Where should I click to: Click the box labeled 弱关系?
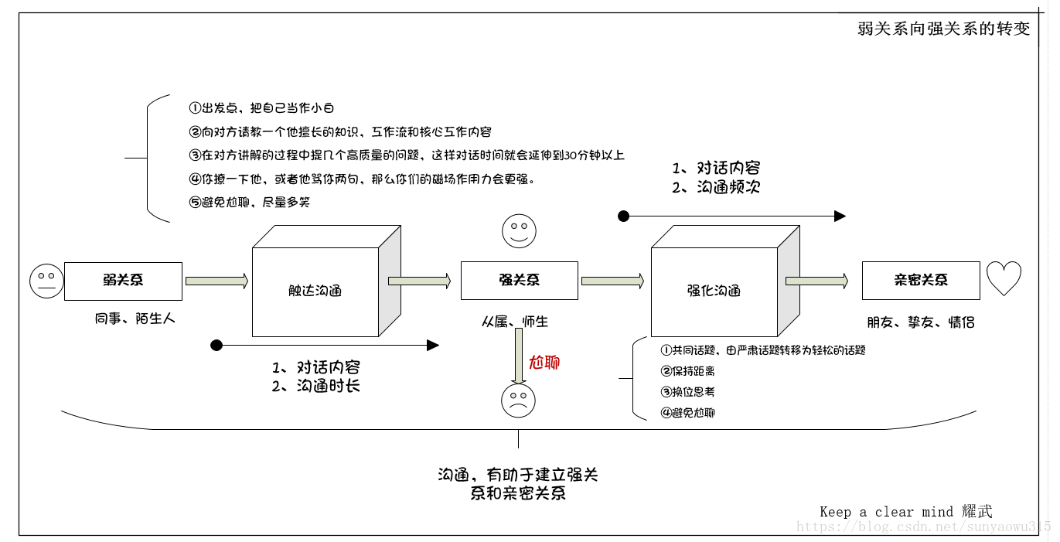click(123, 281)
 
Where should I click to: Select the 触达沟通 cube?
click(315, 291)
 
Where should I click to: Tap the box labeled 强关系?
click(519, 280)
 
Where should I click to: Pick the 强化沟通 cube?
click(714, 291)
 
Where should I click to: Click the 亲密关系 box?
click(920, 280)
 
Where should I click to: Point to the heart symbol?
click(1004, 278)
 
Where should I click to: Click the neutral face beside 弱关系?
click(46, 281)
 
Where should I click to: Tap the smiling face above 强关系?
click(519, 230)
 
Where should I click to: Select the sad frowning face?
click(518, 401)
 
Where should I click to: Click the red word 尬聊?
click(544, 363)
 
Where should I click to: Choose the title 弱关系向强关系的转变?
click(944, 29)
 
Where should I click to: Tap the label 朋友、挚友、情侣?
click(920, 322)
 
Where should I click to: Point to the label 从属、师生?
click(515, 322)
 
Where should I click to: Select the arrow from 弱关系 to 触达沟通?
click(216, 281)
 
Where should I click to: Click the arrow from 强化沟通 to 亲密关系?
click(816, 280)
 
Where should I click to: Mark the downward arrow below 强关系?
click(519, 356)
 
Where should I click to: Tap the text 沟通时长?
click(328, 386)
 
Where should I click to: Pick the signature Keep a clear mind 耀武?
click(905, 511)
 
